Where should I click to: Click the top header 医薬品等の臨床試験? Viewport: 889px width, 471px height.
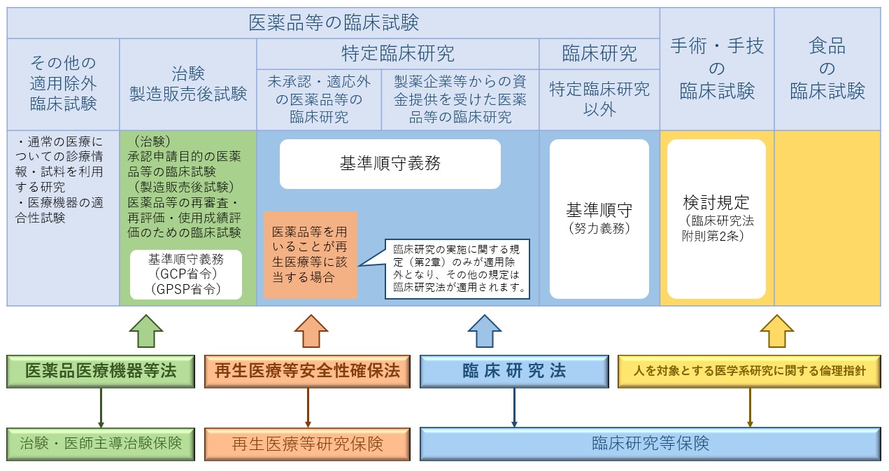[x=334, y=23]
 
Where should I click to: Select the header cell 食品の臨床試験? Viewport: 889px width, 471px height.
[x=827, y=69]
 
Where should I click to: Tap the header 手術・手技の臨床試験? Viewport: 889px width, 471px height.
[x=716, y=69]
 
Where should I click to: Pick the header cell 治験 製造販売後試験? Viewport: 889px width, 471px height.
[x=188, y=84]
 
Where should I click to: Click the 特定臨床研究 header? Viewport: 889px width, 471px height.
[x=397, y=53]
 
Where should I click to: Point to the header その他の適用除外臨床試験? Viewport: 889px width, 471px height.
[x=63, y=84]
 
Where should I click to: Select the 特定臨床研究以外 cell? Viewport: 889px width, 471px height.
[x=599, y=99]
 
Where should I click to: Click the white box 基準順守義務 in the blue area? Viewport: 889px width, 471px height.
[x=390, y=164]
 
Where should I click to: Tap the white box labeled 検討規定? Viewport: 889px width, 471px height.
[x=716, y=218]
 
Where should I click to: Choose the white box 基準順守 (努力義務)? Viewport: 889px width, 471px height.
[x=599, y=218]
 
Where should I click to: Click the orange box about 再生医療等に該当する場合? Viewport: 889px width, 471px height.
[x=311, y=254]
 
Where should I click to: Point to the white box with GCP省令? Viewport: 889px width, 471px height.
[x=186, y=275]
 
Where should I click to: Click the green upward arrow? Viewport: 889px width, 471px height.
[x=146, y=330]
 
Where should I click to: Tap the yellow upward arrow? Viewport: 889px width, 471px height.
[x=776, y=330]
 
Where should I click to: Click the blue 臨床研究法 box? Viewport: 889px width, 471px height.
[x=514, y=371]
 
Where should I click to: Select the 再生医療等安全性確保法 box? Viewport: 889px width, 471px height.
[x=308, y=371]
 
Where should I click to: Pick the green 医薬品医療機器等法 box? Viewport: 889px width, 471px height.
[x=101, y=371]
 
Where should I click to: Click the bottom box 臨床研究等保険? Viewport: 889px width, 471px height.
[x=650, y=443]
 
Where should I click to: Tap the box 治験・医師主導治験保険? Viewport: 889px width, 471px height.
[x=101, y=443]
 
